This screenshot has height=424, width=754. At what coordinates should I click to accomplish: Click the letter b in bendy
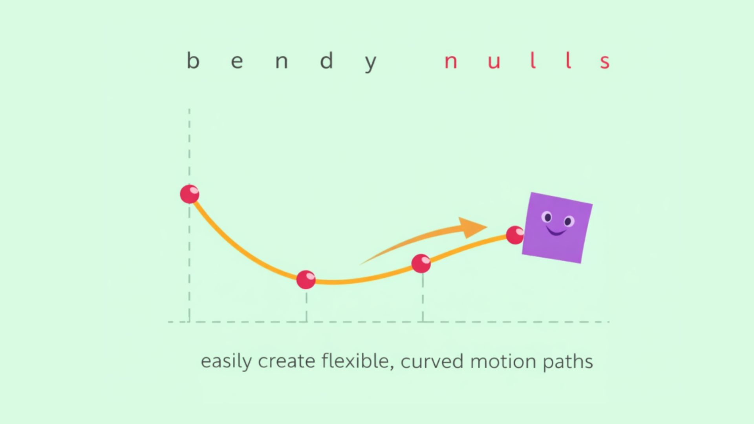[193, 61]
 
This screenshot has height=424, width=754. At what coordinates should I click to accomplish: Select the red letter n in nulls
[450, 62]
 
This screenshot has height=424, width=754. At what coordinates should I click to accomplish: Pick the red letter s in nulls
[605, 62]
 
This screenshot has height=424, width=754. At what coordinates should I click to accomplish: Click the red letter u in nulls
[494, 62]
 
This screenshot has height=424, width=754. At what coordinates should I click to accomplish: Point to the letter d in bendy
[327, 61]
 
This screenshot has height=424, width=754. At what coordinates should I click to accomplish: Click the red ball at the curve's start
[190, 194]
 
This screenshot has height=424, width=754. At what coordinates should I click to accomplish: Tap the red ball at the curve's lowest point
[306, 280]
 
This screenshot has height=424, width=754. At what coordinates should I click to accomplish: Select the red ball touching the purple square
[515, 235]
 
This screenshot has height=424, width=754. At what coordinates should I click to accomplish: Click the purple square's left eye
[547, 217]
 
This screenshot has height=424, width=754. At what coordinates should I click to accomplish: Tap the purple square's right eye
[568, 222]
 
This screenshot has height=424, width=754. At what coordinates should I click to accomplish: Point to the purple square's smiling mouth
[556, 232]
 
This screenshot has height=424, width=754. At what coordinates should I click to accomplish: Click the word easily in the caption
[226, 362]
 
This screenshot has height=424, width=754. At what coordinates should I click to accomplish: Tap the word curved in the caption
[432, 362]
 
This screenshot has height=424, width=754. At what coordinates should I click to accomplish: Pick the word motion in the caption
[503, 362]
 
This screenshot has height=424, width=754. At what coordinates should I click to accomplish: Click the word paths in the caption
[568, 362]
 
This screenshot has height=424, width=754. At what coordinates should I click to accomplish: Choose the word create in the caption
[286, 362]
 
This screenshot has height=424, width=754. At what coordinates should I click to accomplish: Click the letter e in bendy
[237, 62]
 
